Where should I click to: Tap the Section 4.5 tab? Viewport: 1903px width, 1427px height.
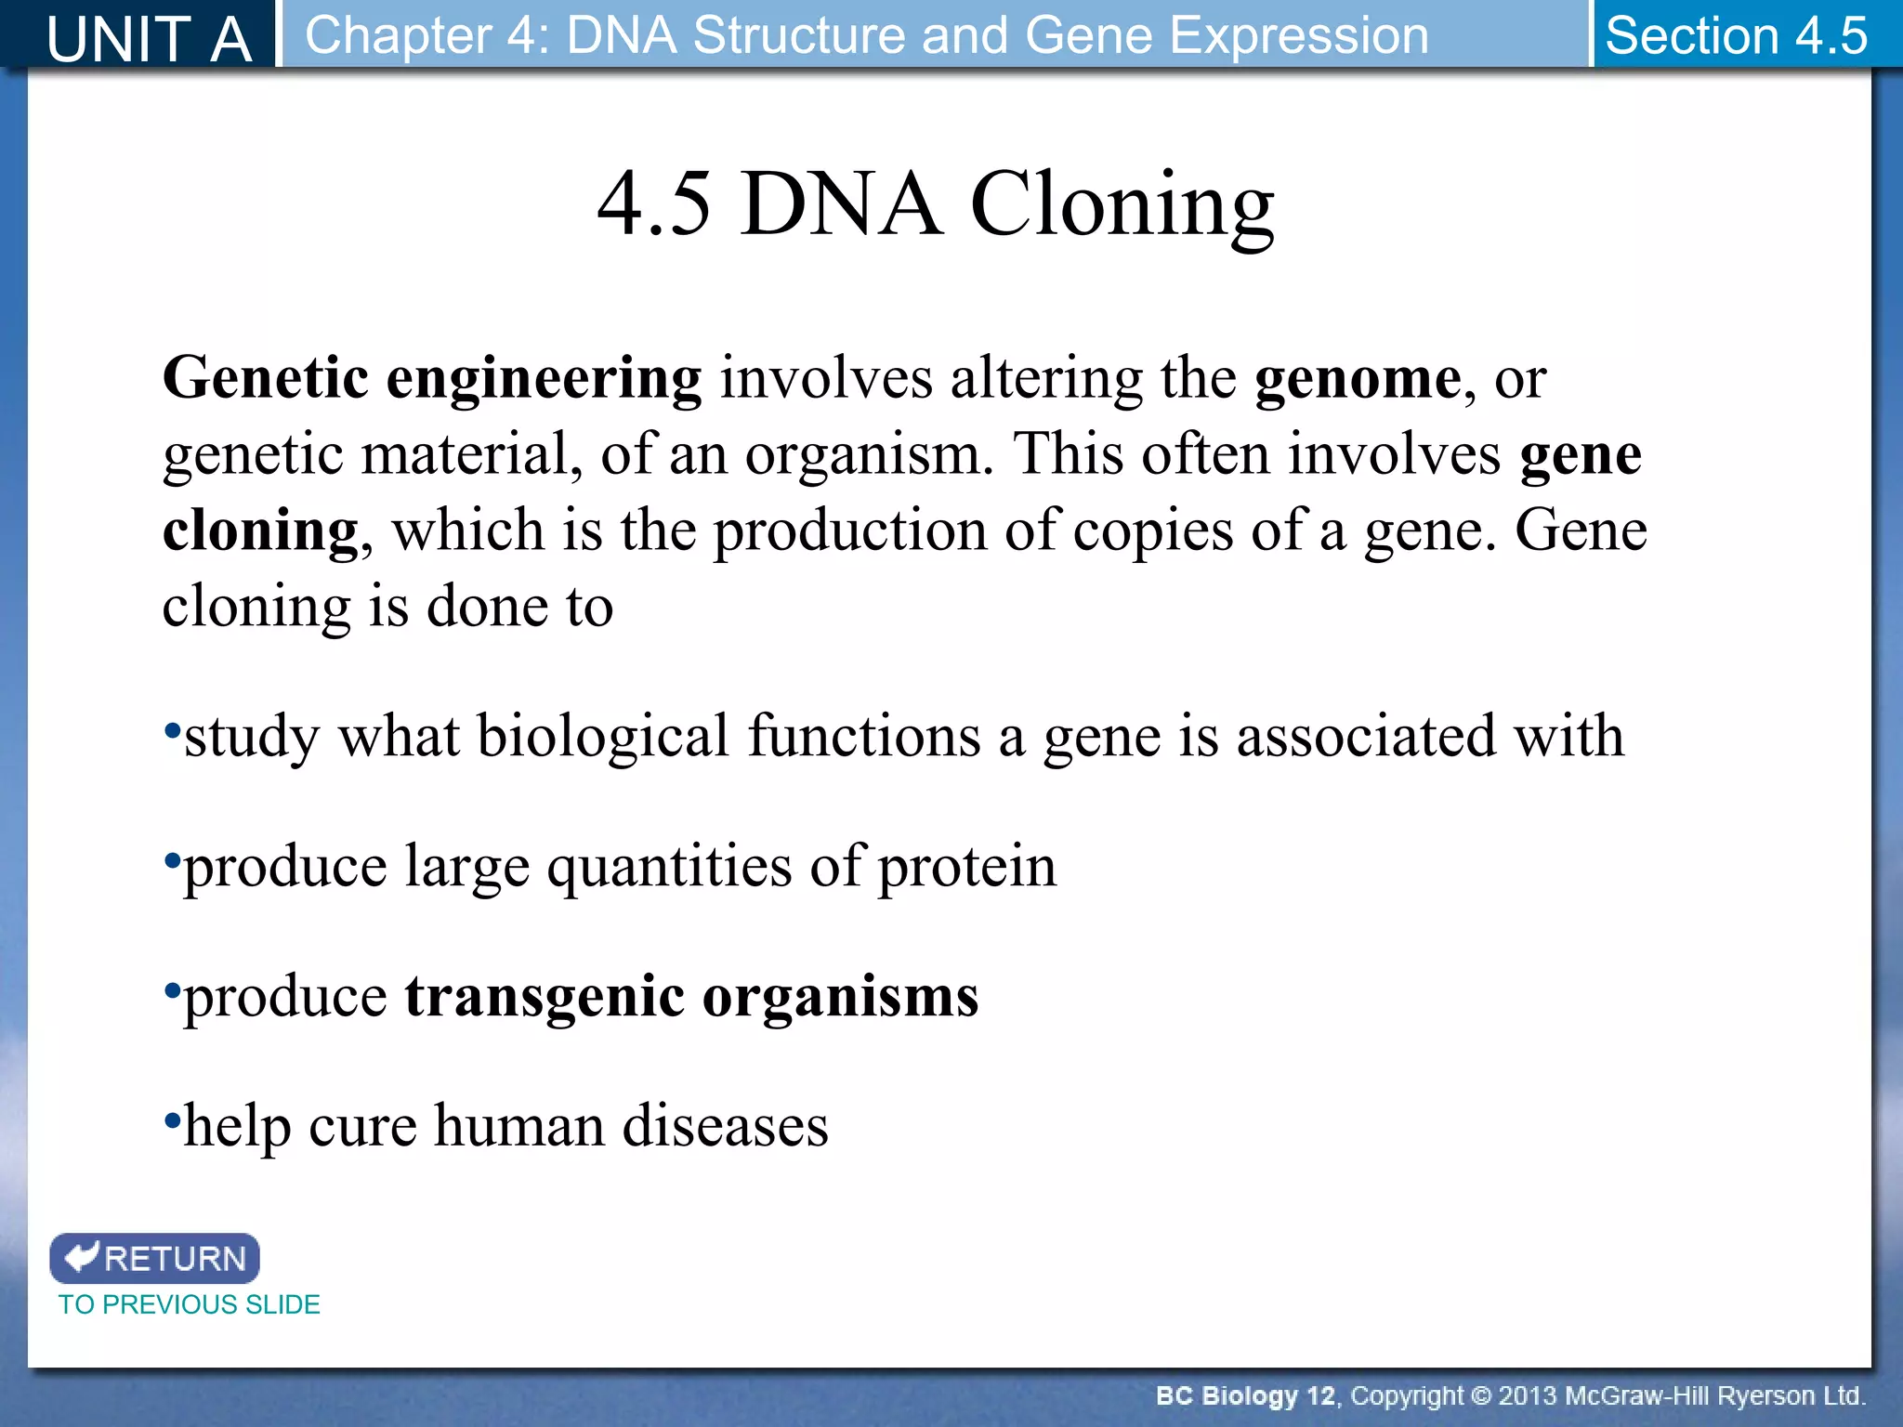[x=1736, y=35]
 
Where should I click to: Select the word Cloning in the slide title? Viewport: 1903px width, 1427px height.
[x=1122, y=204]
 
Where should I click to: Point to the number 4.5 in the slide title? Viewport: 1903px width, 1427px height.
[x=654, y=204]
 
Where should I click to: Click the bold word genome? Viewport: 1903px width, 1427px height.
[x=1358, y=379]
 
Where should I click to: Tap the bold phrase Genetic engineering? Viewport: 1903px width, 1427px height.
[x=432, y=379]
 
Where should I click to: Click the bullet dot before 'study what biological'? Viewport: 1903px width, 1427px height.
[x=171, y=729]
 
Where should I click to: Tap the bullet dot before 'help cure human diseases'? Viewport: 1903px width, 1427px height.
[x=171, y=1119]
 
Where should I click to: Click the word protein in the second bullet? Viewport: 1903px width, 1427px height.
[x=966, y=867]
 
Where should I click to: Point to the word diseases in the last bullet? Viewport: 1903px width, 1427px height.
[x=725, y=1127]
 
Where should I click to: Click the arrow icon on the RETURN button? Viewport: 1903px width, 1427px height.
[x=82, y=1256]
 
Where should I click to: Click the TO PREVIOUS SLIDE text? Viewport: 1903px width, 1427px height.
[x=189, y=1304]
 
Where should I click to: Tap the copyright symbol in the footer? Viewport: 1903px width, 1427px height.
[x=1481, y=1396]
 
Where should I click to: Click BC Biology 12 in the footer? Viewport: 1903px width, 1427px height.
[x=1244, y=1396]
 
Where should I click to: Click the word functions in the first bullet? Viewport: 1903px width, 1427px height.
[x=864, y=737]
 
